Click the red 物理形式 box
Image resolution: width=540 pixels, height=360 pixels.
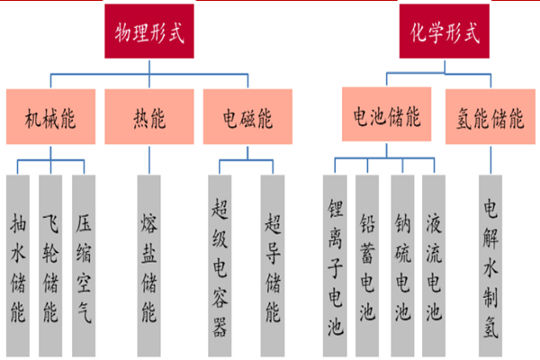pos(149,34)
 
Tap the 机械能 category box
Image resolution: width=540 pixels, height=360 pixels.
pos(49,117)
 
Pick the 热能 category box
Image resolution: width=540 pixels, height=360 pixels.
pos(148,117)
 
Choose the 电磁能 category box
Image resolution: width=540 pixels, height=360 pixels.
pos(247,117)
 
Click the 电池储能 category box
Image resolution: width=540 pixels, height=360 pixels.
pos(386,117)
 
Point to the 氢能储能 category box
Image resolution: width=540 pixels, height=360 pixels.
pos(490,117)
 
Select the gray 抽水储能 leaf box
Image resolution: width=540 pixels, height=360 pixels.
pos(17,261)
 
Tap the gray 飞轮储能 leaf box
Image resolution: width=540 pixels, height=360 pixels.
pos(50,261)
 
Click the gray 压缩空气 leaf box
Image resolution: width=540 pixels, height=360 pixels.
pos(83,261)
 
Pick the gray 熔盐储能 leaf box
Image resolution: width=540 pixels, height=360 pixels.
pos(148,261)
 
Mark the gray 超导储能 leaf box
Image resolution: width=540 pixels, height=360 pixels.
pos(273,261)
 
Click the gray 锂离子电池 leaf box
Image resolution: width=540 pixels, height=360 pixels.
pos(334,261)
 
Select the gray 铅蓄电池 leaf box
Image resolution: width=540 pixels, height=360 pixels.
pos(367,261)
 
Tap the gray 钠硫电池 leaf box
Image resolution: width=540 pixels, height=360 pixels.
pos(401,261)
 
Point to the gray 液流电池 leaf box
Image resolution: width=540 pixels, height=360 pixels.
pos(434,261)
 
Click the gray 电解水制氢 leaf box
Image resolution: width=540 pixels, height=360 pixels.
pos(490,261)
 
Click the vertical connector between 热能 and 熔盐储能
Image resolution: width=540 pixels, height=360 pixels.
pos(148,159)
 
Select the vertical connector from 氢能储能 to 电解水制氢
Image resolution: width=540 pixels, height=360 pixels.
pos(490,159)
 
